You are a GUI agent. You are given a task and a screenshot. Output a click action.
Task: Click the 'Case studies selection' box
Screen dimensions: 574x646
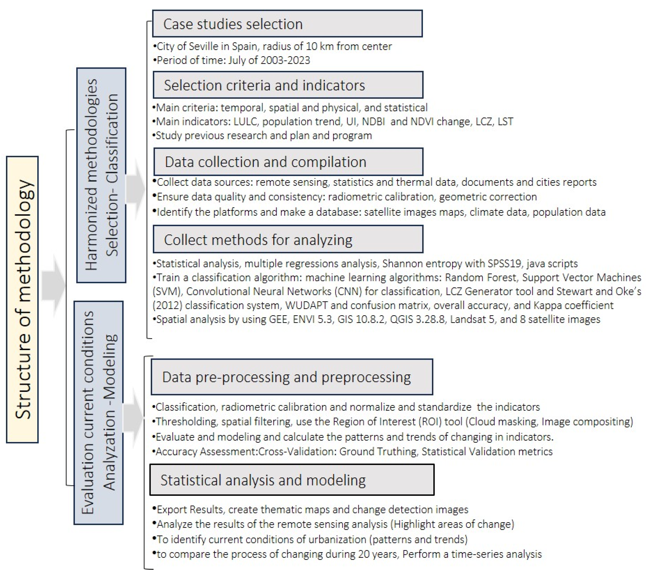pos(287,24)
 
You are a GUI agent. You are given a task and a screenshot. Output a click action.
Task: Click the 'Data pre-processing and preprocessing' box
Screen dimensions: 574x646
pos(292,377)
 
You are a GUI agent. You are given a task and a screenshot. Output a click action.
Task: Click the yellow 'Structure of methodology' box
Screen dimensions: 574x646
pos(23,299)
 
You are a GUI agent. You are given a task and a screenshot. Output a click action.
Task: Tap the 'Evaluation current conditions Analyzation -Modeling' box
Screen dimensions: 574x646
pos(99,413)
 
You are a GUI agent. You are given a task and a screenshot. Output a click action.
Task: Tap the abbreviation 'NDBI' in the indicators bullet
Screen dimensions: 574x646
pos(373,122)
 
